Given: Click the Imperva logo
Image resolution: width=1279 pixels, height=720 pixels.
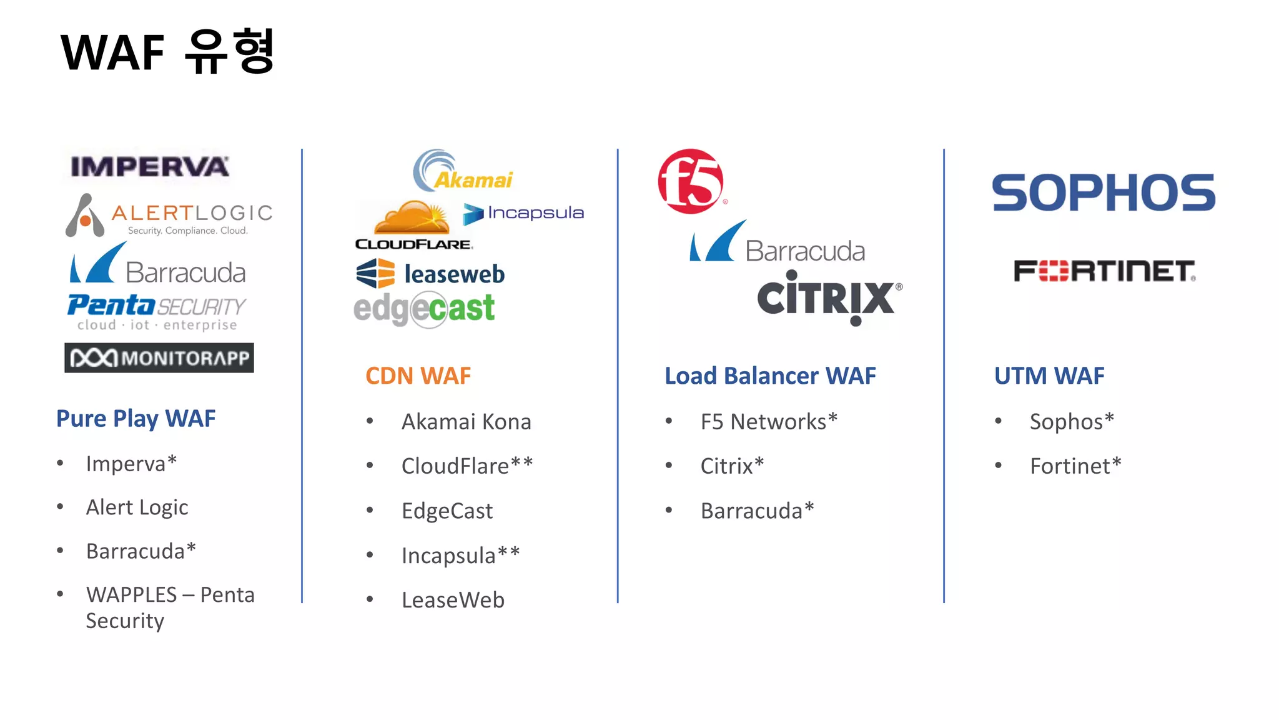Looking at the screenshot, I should coord(150,166).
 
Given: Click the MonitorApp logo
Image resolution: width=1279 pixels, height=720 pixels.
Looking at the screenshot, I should coord(159,358).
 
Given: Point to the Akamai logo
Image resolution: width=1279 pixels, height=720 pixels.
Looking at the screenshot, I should coord(462,171).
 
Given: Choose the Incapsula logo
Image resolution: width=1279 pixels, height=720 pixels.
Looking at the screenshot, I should coord(523,213).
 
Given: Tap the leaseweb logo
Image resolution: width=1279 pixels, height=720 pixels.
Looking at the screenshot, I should coord(430,274).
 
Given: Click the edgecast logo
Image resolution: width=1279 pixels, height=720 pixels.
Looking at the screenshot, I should coord(424,309).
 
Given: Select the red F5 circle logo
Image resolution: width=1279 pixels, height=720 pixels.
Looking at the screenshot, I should coord(691,182).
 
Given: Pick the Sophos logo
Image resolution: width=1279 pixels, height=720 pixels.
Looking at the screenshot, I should coord(1104,193).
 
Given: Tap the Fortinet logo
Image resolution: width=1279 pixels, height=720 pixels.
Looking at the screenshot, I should coord(1104,271).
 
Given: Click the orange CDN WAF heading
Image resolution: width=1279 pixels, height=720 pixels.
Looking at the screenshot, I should coord(418,376).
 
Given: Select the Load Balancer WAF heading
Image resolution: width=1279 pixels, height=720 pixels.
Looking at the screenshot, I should coord(770,376).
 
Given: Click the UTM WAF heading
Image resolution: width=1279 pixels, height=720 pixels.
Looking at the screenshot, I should coord(1049,376).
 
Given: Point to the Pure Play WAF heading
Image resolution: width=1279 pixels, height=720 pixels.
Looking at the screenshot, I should coord(136,419).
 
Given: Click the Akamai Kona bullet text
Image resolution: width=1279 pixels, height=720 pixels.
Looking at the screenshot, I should coord(466,422).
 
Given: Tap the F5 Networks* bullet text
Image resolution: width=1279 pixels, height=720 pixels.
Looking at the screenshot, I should coord(769,422).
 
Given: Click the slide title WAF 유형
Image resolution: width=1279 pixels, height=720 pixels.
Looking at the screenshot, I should coord(167,52).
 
